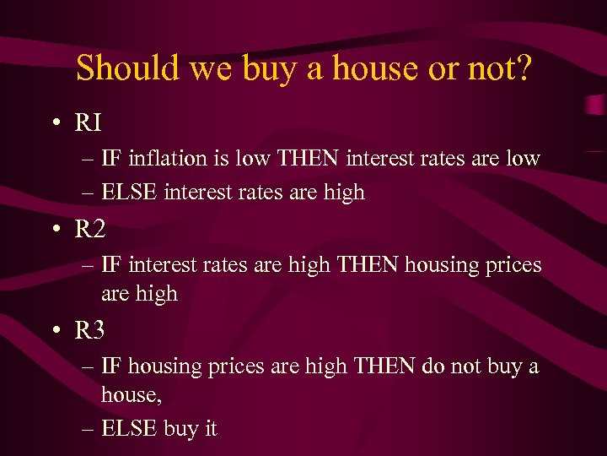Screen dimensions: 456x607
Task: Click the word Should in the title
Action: point(128,68)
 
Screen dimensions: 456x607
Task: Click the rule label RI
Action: point(89,123)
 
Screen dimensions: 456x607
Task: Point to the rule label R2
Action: point(90,229)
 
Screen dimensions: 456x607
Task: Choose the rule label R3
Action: point(90,331)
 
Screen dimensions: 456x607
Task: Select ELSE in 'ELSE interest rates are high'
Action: point(129,193)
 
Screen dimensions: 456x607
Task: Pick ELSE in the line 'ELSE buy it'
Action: point(129,429)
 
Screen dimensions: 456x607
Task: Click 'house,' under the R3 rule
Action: point(130,394)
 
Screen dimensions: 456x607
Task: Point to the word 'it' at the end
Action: point(210,429)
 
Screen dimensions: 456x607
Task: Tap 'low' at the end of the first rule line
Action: point(522,158)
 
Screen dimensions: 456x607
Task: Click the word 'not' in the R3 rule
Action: point(460,366)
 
